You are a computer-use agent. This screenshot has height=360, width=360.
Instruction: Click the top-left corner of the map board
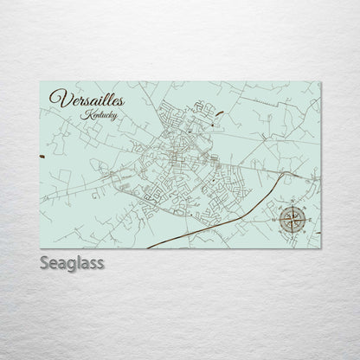pos(41,78)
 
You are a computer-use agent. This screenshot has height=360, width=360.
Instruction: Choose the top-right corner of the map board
pos(319,78)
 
